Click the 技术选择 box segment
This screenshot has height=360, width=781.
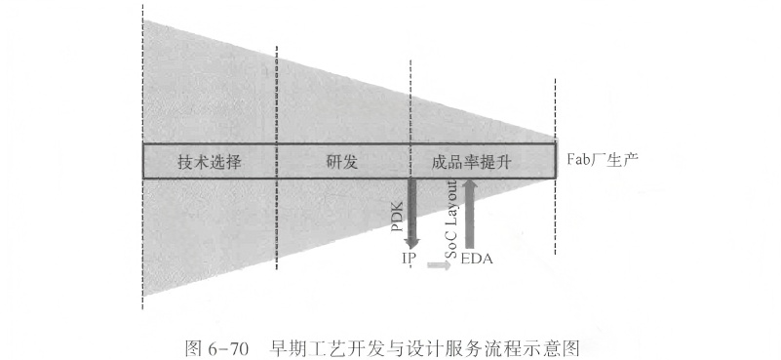tap(210, 162)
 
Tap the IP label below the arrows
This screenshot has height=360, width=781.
tap(410, 259)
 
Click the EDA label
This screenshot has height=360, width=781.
tap(475, 259)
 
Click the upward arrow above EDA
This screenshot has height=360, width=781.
tap(470, 213)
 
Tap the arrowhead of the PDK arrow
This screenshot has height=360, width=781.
tap(410, 243)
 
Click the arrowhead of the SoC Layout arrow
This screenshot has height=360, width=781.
tap(470, 185)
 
